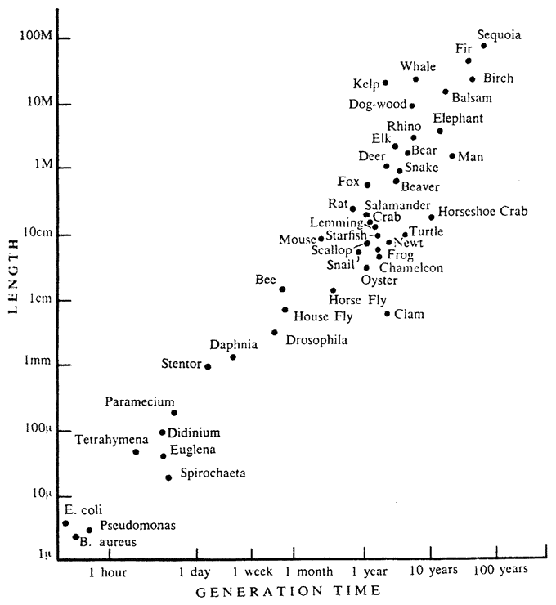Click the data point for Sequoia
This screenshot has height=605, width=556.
point(483,46)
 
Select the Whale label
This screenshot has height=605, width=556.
point(418,66)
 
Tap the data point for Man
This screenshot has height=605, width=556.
point(451,156)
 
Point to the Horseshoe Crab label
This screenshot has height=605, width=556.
point(482,211)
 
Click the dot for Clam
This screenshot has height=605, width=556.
point(388,314)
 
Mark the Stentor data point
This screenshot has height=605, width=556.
point(208,366)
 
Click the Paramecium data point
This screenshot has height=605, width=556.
point(174,413)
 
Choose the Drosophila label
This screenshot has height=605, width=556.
point(316,338)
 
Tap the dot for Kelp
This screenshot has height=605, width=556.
point(385,83)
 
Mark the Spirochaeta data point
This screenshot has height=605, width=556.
point(168,477)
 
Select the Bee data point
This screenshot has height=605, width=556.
point(282,289)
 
